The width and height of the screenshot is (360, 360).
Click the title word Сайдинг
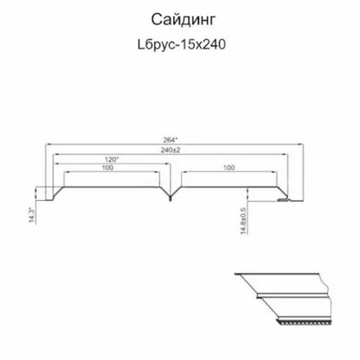183,21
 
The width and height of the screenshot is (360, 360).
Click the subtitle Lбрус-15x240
182,44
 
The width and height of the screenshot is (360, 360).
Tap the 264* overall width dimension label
170,140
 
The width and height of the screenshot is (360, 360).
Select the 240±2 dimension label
170,150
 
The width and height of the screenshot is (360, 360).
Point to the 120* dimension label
112,159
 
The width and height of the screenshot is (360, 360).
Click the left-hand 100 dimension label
108,168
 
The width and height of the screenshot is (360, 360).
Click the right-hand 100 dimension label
229,168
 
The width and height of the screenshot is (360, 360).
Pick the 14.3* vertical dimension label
32,216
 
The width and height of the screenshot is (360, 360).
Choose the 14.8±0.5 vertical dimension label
243,221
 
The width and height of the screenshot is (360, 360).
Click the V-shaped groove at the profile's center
170,195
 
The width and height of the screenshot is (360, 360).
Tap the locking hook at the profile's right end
283,200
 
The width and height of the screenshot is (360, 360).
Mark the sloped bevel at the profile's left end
58,193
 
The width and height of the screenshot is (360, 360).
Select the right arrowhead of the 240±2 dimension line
285,154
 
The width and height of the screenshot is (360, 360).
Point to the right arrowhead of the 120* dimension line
168,163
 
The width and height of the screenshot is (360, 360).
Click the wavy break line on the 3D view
327,298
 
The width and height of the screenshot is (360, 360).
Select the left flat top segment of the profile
111,187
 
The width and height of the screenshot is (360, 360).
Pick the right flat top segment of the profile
229,187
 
